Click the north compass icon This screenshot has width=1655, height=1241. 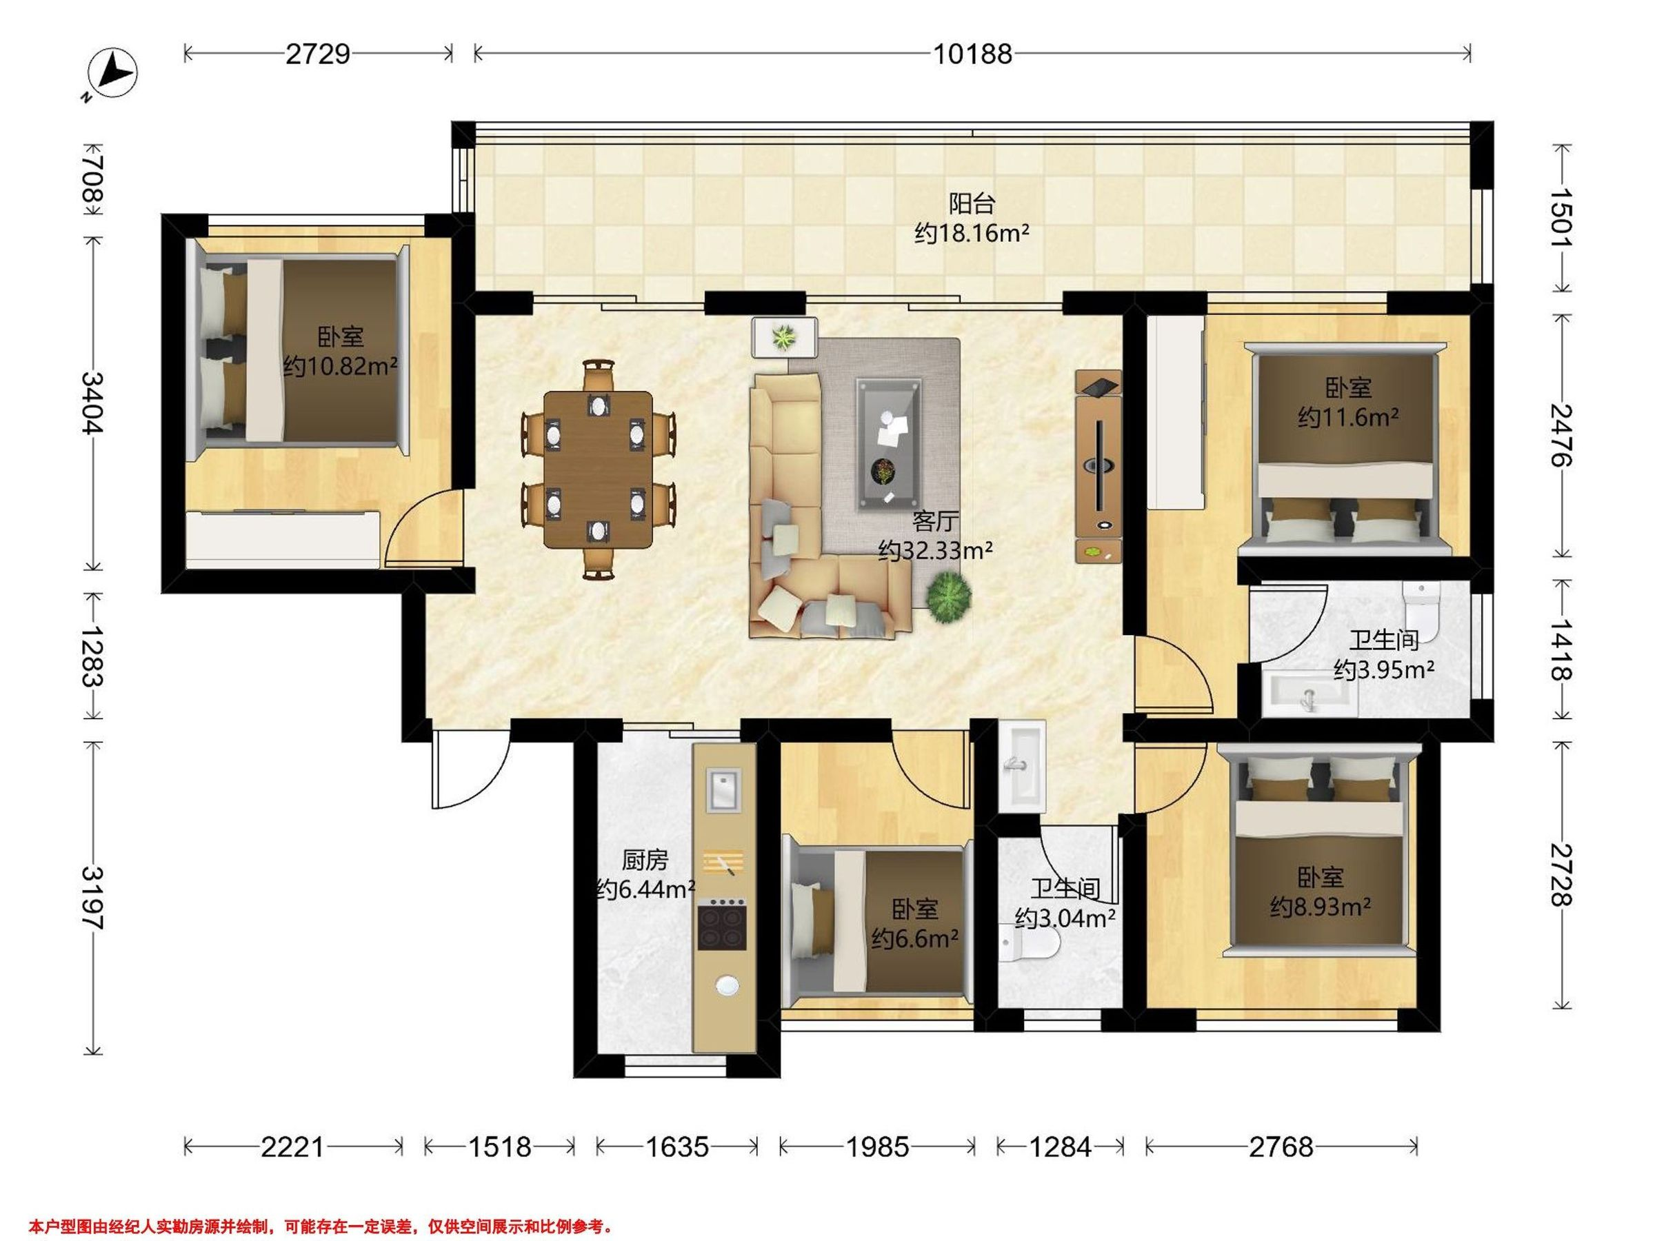pos(112,73)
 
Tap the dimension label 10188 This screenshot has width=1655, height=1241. pos(972,54)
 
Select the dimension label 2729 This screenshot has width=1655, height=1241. pos(318,54)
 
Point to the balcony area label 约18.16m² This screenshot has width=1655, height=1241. pos(972,234)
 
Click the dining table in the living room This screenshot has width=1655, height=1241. pos(597,470)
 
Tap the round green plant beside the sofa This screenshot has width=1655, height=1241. pos(949,597)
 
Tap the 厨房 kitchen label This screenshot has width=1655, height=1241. pos(644,860)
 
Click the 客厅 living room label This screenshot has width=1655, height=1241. pos(935,521)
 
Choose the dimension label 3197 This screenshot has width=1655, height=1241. pos(94,898)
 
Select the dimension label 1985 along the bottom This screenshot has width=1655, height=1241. pos(877,1147)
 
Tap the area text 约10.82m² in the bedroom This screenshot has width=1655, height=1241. pos(341,367)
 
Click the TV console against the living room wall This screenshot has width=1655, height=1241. pos(1099,465)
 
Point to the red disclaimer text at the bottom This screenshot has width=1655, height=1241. pos(321,1227)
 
